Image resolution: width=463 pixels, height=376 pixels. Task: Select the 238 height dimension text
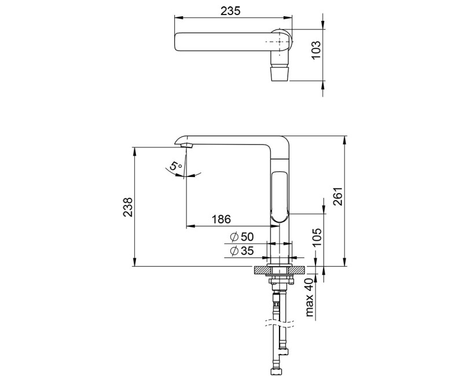pyautogui.click(x=128, y=207)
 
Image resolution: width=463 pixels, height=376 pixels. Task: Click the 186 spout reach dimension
pyautogui.click(x=221, y=219)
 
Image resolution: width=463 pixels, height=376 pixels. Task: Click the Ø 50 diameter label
pyautogui.click(x=242, y=237)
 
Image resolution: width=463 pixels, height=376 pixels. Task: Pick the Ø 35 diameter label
pyautogui.click(x=242, y=250)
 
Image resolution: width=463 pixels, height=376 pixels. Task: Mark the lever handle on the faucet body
pyautogui.click(x=281, y=197)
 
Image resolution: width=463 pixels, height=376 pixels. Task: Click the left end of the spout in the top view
pyautogui.click(x=177, y=42)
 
